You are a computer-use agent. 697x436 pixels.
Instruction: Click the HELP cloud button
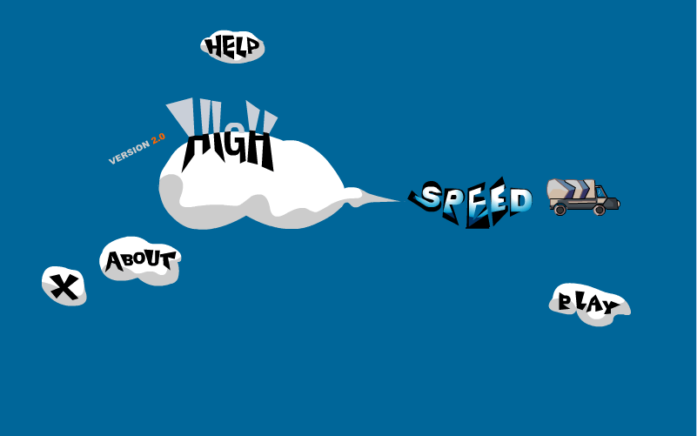pos(232,47)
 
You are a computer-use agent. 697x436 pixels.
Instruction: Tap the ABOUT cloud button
pos(140,261)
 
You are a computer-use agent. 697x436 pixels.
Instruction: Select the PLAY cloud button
pos(589,305)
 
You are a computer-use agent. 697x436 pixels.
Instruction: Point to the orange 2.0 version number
pos(158,138)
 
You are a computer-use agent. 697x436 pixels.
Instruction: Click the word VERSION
pos(130,152)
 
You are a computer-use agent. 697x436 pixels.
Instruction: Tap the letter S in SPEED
pos(430,197)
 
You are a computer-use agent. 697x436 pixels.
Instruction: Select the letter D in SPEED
pos(521,201)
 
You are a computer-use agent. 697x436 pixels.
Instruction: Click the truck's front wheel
pos(600,210)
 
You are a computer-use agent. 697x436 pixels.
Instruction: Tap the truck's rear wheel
pos(560,210)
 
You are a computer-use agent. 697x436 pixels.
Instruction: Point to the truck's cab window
pos(600,192)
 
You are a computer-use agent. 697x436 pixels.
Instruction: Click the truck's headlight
pos(618,205)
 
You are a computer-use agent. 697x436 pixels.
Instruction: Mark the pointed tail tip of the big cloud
pos(399,201)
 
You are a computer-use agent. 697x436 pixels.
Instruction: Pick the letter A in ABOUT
pos(113,262)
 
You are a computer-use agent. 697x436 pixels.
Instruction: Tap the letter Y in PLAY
pos(612,306)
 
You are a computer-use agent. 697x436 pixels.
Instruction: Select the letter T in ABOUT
pos(168,259)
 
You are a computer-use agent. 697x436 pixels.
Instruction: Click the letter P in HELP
pos(252,46)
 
